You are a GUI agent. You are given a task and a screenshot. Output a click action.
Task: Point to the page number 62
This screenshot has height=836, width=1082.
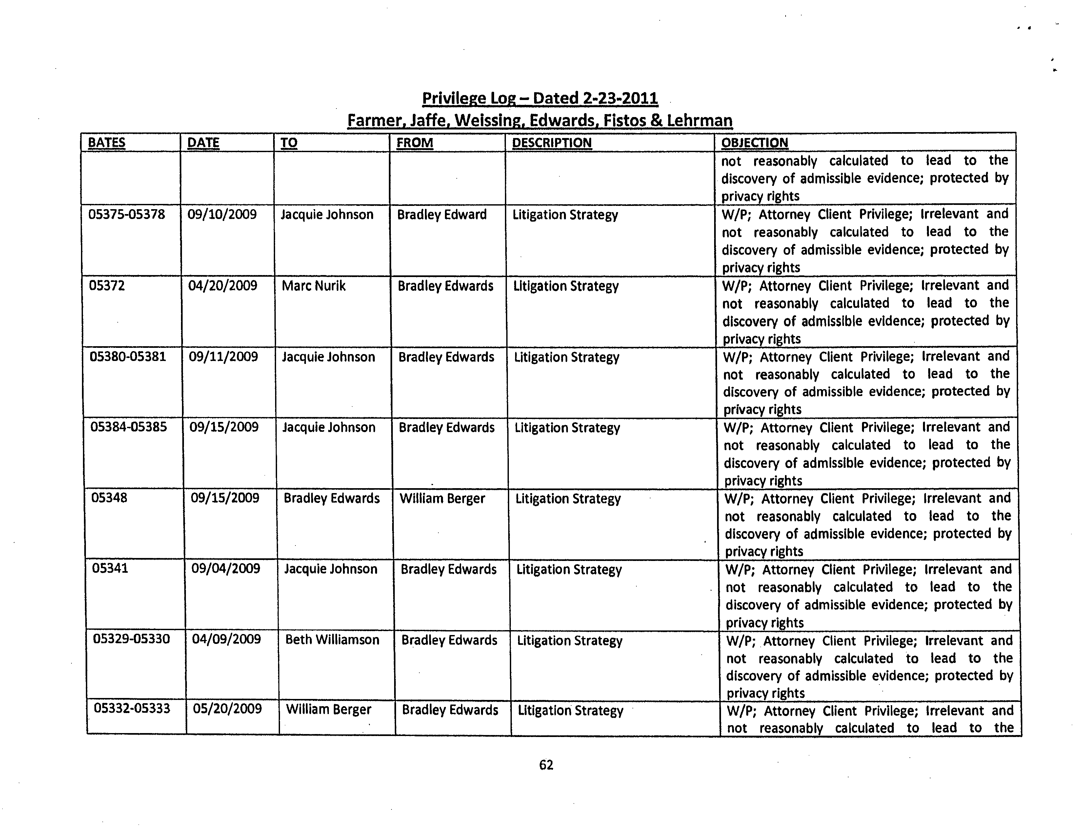[x=546, y=765]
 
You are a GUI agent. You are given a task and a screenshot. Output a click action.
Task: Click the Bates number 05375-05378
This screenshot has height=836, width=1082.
[x=126, y=214]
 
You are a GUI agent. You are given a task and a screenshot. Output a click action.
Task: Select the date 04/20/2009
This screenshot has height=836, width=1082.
[x=222, y=286]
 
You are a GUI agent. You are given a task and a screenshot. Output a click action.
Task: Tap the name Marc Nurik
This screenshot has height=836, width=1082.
[x=313, y=286]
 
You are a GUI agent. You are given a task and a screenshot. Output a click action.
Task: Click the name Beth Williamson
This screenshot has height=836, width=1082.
[x=332, y=640]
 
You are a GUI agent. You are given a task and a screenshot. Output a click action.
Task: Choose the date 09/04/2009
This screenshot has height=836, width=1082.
[x=226, y=568]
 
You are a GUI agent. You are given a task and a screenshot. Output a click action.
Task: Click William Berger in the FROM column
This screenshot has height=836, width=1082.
[x=442, y=498]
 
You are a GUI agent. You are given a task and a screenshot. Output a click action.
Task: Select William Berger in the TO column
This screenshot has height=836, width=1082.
[x=329, y=710]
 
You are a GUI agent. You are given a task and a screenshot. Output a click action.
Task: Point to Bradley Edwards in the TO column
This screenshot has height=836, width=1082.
[x=331, y=498]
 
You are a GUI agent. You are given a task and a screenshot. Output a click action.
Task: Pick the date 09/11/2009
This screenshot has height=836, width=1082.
[x=223, y=357]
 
